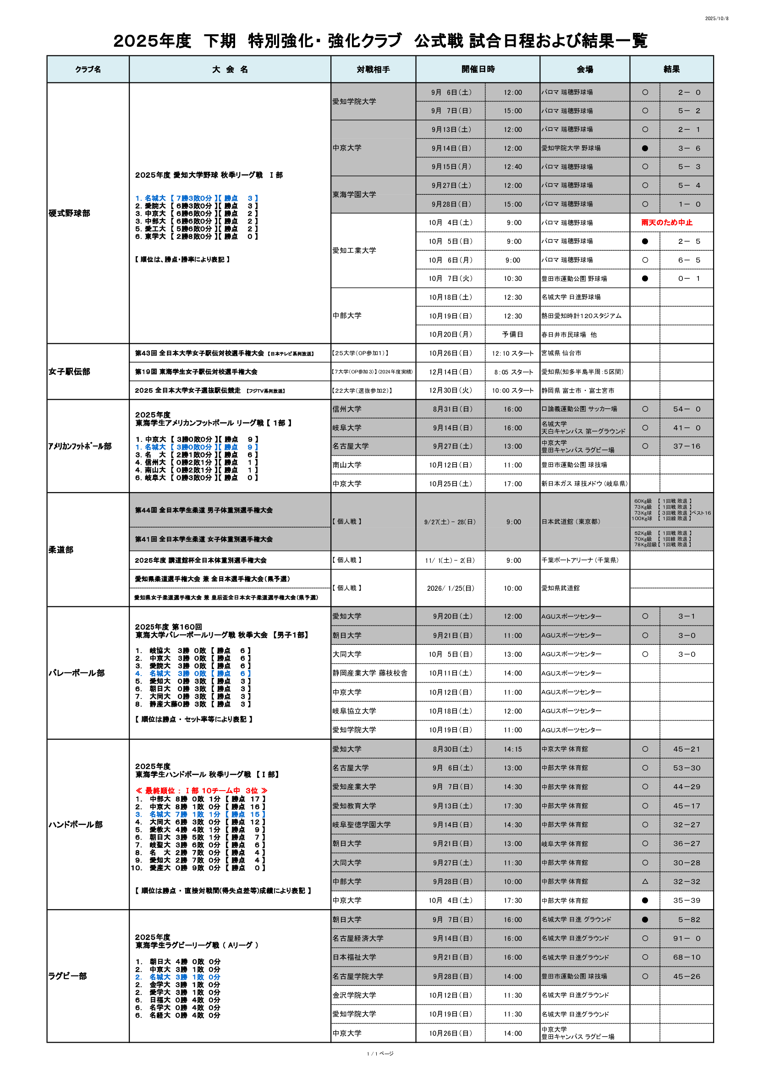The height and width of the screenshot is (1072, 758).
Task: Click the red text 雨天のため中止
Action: (x=666, y=223)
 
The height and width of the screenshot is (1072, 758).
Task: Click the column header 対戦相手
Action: (x=373, y=70)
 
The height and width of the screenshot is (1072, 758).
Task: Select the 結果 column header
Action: (x=671, y=70)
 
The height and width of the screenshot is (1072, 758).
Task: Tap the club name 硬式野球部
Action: (x=69, y=214)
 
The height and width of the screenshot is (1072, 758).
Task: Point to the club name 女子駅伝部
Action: (x=69, y=372)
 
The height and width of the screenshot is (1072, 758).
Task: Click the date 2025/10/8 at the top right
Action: (x=716, y=19)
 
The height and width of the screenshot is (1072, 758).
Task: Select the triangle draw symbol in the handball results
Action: (x=645, y=881)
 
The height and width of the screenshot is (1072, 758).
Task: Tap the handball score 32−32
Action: (x=687, y=881)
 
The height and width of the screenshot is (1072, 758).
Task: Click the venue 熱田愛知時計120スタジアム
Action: (x=581, y=316)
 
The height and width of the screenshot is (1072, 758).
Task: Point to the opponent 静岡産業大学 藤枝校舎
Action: (x=370, y=673)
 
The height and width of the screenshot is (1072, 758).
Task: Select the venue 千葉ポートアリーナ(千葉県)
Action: (x=580, y=560)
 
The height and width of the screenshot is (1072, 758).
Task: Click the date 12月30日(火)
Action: (x=450, y=390)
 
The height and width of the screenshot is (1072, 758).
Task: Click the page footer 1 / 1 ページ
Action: (x=380, y=1054)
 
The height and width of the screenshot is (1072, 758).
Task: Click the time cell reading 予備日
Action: (x=512, y=335)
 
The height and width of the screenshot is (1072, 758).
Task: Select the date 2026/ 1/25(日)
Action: (x=450, y=588)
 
